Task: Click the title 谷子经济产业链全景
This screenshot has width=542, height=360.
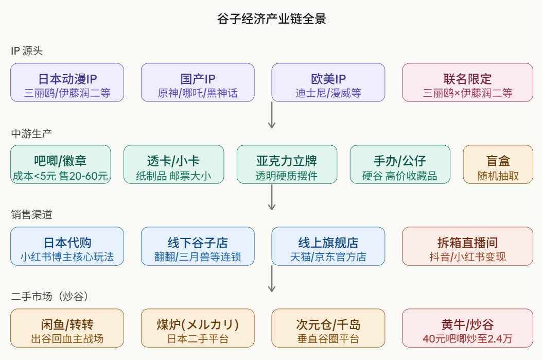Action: coord(271,19)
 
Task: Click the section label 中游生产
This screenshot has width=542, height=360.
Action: coord(31,133)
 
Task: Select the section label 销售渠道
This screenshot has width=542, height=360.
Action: coord(31,215)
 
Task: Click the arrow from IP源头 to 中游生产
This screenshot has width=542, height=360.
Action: coord(272,115)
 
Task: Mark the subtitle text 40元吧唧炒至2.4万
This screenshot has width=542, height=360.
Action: coord(467,339)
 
